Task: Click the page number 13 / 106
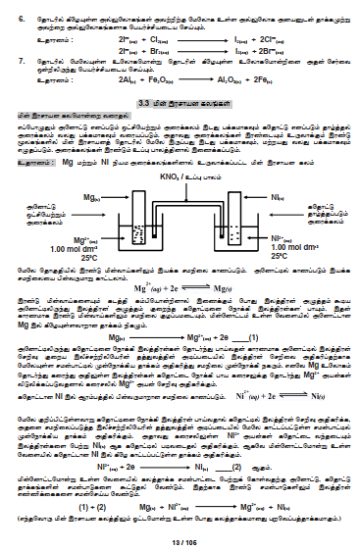point(180,542)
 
